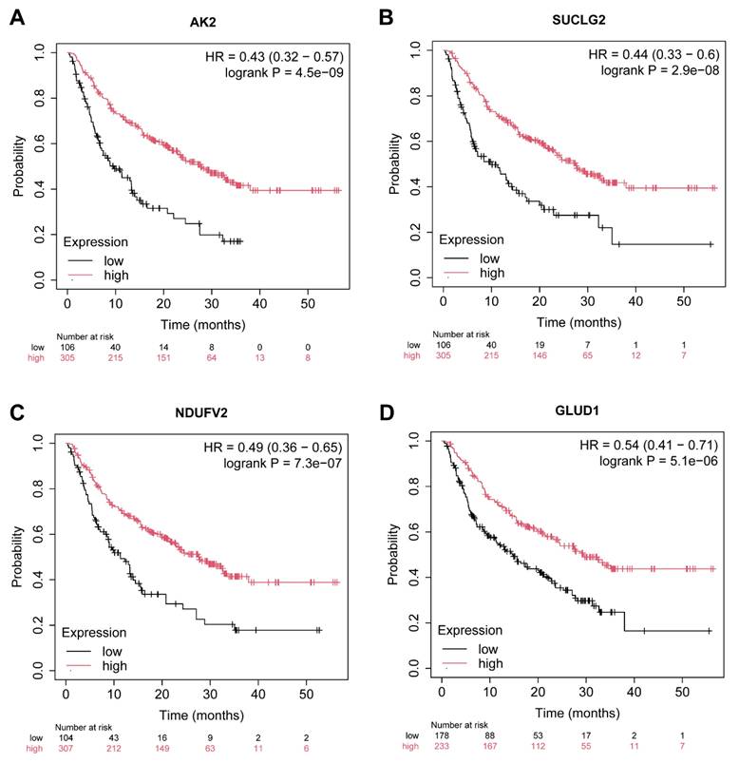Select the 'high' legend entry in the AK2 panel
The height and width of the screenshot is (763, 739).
[117, 276]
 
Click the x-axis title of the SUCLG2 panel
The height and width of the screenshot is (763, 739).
[568, 322]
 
